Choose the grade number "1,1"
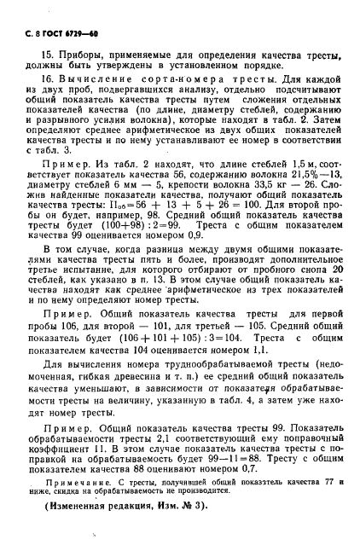click(256, 419)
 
